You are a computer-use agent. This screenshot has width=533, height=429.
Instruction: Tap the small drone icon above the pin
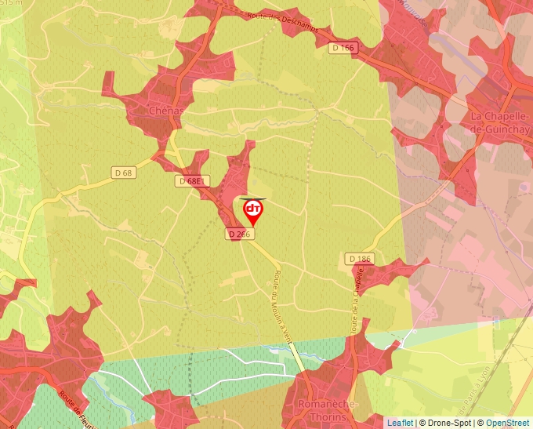253,198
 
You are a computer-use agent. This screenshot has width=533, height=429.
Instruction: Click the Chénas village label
165,111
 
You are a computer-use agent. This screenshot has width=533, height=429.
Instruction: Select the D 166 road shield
343,48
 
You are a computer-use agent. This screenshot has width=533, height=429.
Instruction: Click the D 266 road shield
238,234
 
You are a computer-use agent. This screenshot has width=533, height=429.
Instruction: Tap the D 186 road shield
360,258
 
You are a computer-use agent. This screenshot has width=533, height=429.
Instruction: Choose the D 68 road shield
123,173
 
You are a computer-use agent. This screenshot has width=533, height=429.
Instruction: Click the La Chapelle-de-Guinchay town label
501,122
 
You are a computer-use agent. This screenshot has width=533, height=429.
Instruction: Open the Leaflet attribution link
399,423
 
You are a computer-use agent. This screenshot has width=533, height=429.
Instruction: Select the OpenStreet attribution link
509,423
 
